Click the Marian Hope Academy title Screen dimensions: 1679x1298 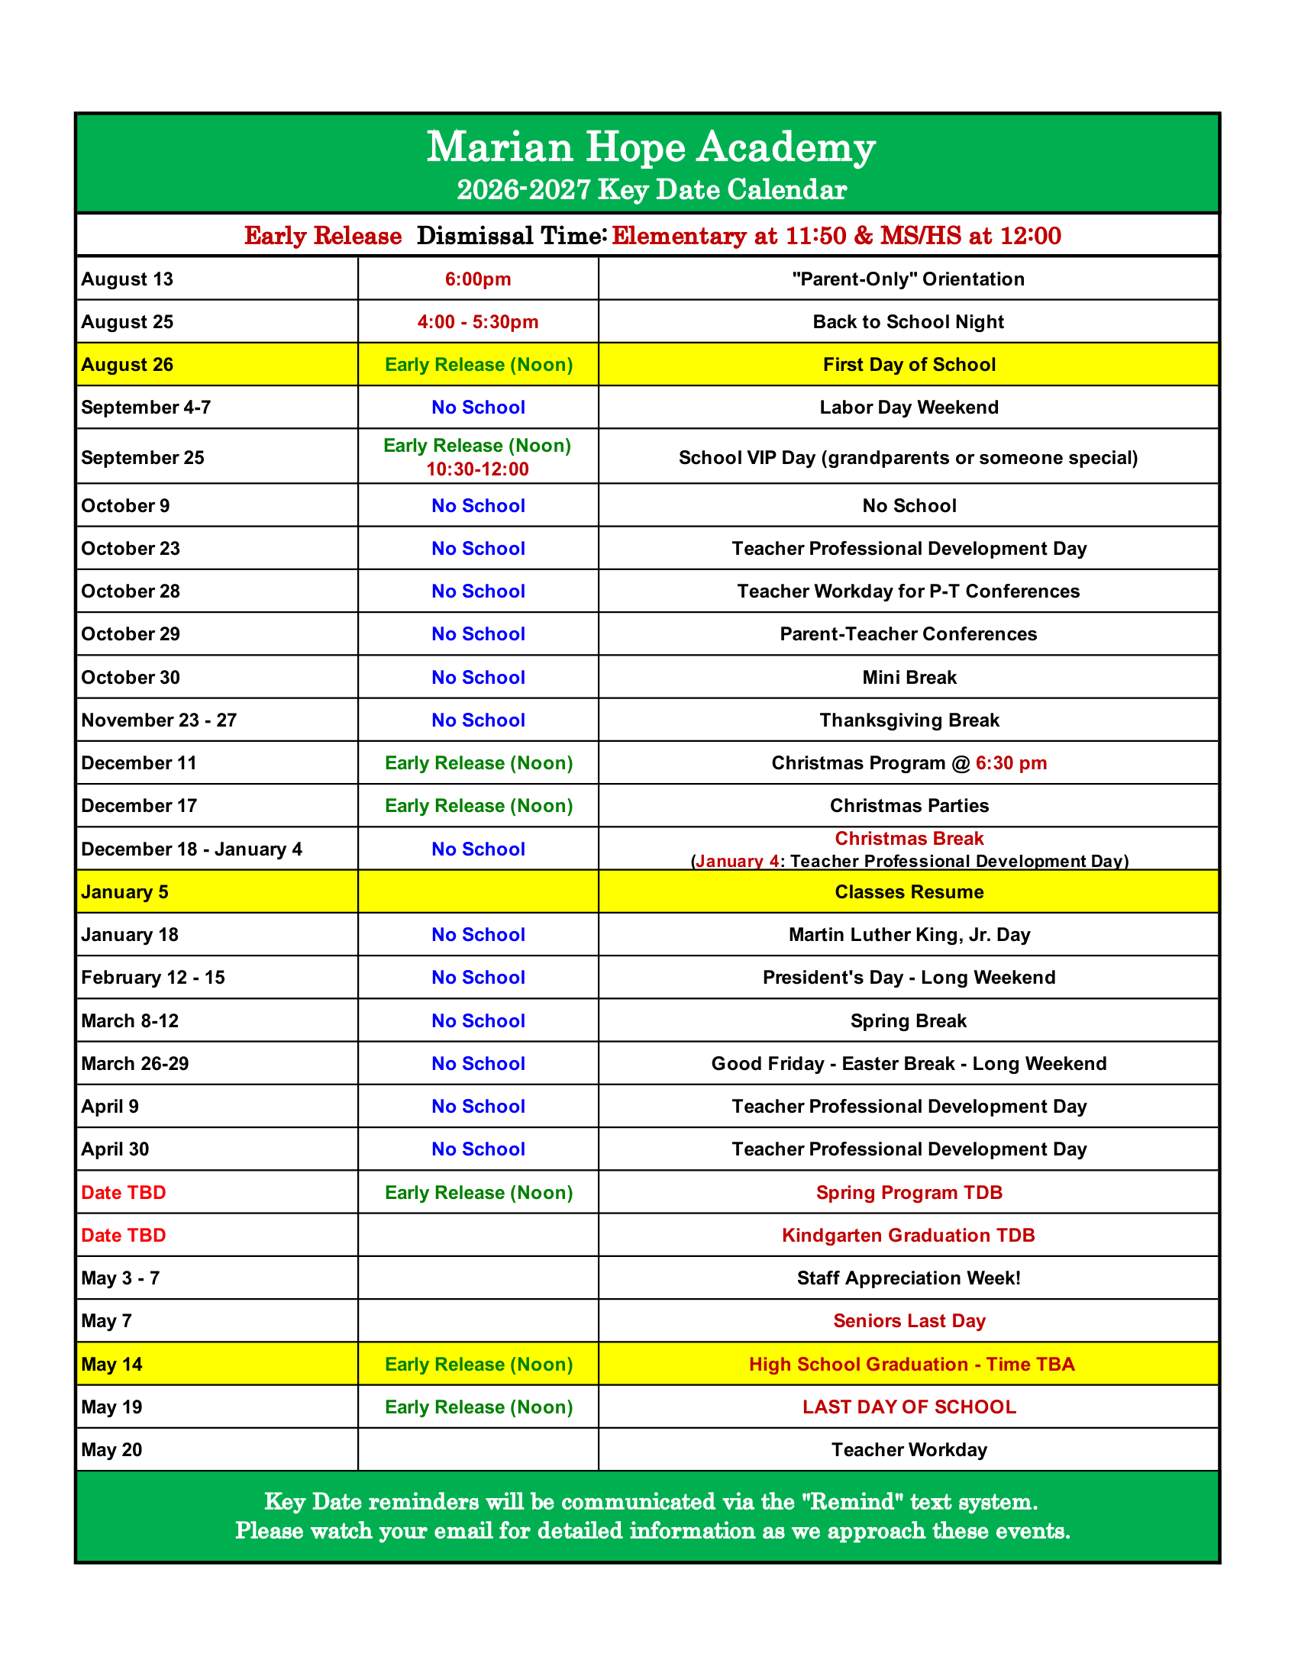651,147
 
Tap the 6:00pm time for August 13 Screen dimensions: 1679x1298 477,279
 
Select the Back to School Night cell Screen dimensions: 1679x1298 908,322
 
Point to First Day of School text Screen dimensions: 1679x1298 909,364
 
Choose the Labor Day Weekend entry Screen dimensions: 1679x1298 909,408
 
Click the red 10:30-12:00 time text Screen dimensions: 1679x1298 477,469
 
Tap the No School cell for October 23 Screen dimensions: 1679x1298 477,549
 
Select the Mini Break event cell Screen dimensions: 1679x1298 909,677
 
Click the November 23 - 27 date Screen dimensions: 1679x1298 159,720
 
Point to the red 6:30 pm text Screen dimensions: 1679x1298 1010,763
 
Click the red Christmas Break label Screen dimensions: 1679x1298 909,839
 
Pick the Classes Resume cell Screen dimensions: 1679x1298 909,891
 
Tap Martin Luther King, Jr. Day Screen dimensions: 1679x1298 909,935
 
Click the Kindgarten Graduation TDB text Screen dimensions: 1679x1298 908,1236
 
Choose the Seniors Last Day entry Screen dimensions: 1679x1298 909,1321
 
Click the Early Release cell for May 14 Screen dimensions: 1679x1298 478,1365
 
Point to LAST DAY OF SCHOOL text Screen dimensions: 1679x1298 909,1407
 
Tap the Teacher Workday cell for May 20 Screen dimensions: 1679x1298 909,1450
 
